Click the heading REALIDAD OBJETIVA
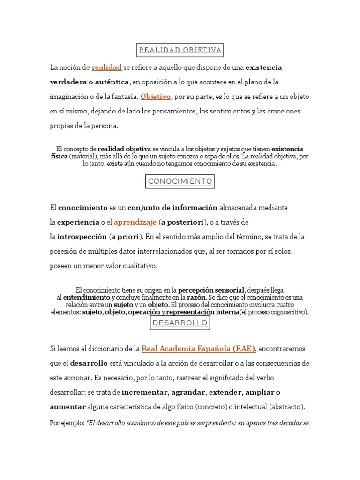pos(180,50)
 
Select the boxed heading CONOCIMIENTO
pos(180,181)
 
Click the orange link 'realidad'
pos(107,67)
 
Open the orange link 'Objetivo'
pos(156,97)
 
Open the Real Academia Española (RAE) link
pos(198,349)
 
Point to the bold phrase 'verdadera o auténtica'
pos(90,82)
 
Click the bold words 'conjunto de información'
pos(172,207)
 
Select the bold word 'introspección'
pos(82,236)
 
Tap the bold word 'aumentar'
pos(68,407)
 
